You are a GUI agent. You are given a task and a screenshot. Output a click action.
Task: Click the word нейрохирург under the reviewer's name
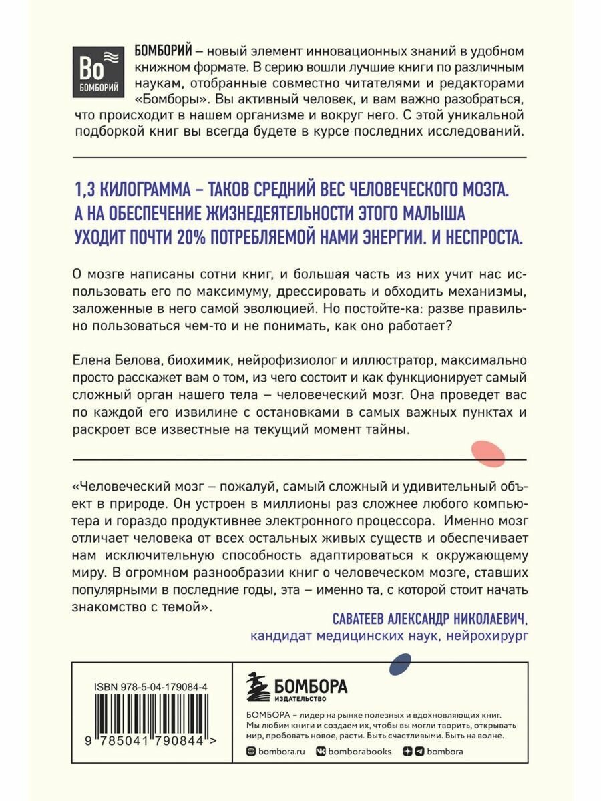tap(485, 635)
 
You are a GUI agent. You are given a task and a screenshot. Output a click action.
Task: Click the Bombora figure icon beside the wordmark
tap(257, 688)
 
